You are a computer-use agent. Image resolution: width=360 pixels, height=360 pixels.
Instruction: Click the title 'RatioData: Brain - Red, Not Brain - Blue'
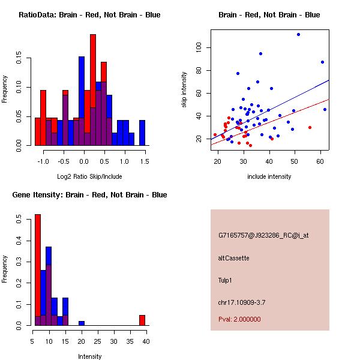[89, 15]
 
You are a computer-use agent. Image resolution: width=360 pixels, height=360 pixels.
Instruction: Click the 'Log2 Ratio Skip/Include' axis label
[89, 176]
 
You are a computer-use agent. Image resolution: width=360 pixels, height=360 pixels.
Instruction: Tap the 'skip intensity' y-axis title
[184, 89]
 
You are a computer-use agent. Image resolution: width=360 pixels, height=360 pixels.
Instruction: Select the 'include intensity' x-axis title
[269, 176]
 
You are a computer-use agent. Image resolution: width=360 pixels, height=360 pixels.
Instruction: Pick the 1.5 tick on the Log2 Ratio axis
[145, 161]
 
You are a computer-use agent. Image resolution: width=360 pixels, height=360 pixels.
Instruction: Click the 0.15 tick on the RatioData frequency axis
[20, 60]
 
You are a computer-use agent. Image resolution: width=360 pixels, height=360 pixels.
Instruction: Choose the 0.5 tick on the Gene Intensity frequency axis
[20, 220]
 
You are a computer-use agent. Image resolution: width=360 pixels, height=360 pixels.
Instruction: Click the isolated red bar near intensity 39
[142, 320]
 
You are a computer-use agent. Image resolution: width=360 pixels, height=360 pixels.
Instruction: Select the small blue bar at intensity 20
[82, 323]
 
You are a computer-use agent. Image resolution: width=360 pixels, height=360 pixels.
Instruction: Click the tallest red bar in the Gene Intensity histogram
[37, 269]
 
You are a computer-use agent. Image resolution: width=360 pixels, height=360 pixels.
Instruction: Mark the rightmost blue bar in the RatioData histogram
[142, 133]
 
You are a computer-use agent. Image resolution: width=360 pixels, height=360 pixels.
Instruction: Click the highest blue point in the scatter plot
[298, 34]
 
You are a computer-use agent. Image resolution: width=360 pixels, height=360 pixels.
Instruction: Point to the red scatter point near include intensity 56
[310, 127]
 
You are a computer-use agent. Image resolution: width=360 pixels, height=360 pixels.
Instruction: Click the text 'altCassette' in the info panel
[233, 258]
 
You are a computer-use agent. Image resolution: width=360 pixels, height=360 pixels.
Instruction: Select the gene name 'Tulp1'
[226, 280]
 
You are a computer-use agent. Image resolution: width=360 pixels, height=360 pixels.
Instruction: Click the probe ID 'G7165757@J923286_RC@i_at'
[263, 236]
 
